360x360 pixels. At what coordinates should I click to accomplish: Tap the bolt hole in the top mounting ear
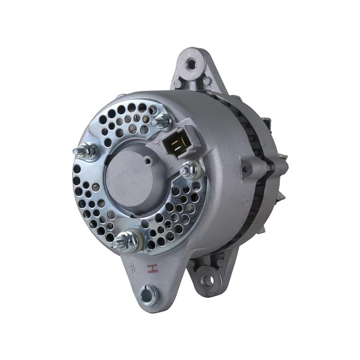click(191, 64)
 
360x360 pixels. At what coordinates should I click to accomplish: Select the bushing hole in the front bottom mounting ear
click(148, 295)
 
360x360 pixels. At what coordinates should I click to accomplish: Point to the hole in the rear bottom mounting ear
click(207, 279)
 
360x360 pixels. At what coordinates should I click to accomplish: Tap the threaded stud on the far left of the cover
click(85, 152)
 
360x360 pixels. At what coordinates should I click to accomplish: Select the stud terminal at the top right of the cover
click(162, 121)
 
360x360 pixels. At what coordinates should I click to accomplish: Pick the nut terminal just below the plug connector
click(189, 170)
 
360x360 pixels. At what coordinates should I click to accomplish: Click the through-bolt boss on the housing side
click(246, 169)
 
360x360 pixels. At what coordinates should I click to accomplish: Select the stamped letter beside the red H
click(132, 269)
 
